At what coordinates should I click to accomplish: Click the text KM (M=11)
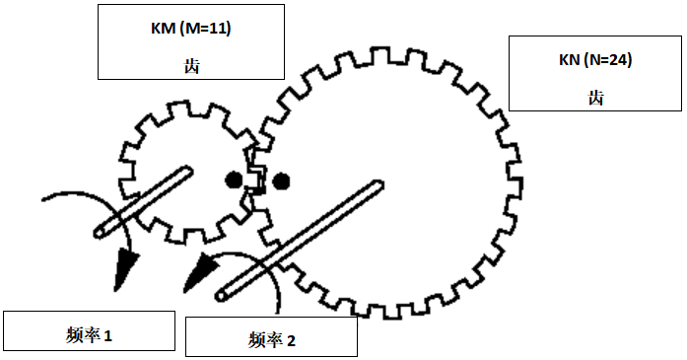pyautogui.click(x=191, y=29)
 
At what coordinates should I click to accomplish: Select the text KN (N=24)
pyautogui.click(x=595, y=59)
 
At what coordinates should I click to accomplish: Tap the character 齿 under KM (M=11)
pyautogui.click(x=191, y=66)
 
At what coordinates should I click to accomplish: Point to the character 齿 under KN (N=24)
pyautogui.click(x=596, y=98)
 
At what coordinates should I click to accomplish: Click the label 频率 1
pyautogui.click(x=89, y=335)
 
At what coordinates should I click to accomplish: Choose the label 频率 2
pyautogui.click(x=272, y=340)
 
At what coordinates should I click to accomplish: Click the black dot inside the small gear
pyautogui.click(x=234, y=180)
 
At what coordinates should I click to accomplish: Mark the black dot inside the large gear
pyautogui.click(x=281, y=181)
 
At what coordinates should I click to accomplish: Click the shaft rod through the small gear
pyautogui.click(x=143, y=202)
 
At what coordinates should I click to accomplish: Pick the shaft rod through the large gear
pyautogui.click(x=300, y=241)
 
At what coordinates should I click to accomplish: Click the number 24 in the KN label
pyautogui.click(x=619, y=59)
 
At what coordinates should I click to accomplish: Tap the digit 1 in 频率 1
pyautogui.click(x=108, y=336)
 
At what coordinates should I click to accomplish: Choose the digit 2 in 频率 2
pyautogui.click(x=291, y=340)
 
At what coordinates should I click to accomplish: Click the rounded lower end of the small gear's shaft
pyautogui.click(x=99, y=233)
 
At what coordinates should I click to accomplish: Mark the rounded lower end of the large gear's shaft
pyautogui.click(x=221, y=297)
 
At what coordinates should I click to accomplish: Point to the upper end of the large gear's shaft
pyautogui.click(x=379, y=184)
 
